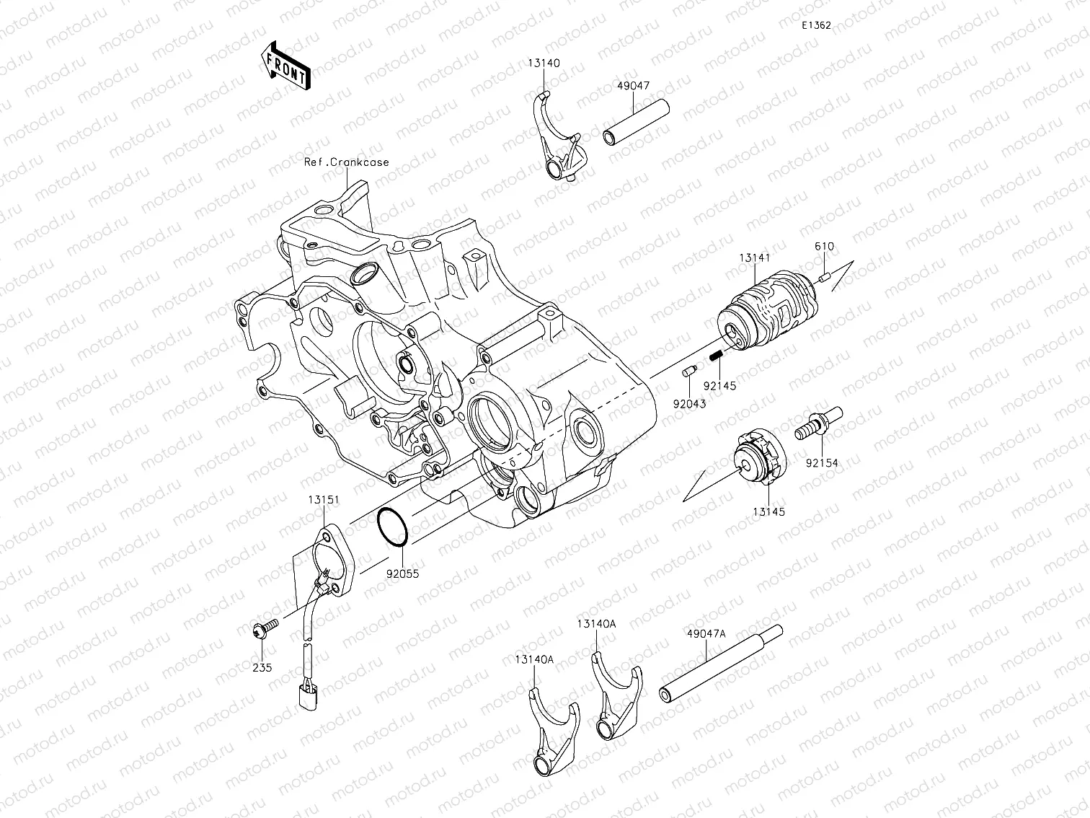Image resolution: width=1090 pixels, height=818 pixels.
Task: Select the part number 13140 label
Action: (x=544, y=63)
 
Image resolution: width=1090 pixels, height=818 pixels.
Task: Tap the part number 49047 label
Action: (x=634, y=86)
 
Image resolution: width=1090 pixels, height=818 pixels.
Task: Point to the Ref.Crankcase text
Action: (x=346, y=162)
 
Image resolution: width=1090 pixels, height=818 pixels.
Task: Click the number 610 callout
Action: (x=824, y=247)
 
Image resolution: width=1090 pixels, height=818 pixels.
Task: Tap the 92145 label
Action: (x=720, y=386)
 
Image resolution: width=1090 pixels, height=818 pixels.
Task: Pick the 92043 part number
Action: (x=690, y=404)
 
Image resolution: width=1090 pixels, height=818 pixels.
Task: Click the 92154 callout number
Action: (x=822, y=463)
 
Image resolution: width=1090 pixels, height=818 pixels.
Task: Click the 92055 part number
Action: (x=402, y=574)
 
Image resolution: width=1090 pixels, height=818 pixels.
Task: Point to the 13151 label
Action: (x=324, y=499)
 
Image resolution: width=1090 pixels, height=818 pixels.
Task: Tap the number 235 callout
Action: (x=262, y=668)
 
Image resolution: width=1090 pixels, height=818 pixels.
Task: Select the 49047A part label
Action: (x=706, y=634)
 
